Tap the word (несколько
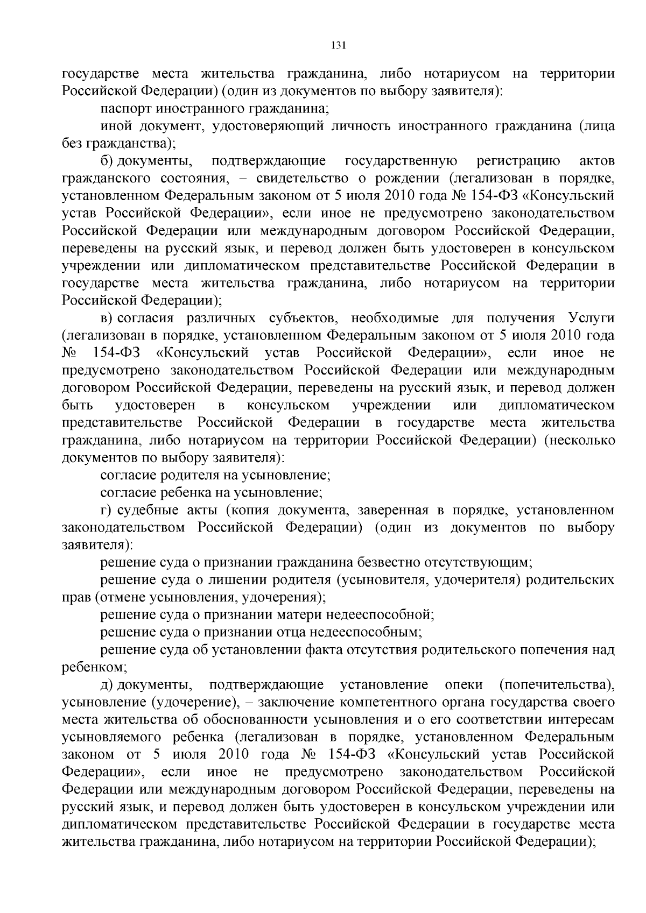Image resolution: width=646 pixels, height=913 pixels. coord(579,441)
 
